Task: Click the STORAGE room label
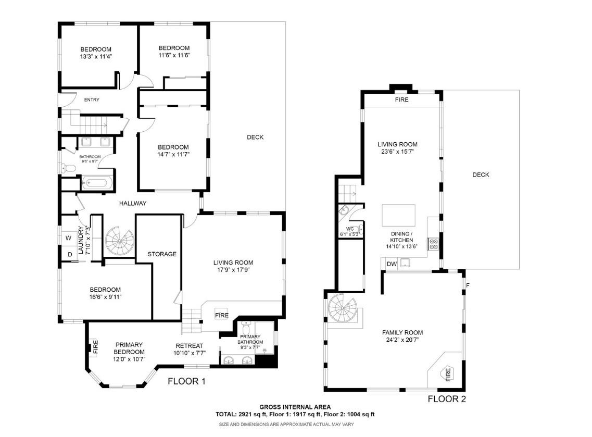162,254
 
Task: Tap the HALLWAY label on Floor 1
132,203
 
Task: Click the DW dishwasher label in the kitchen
392,265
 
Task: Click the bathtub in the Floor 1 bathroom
97,183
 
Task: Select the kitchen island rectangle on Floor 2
399,214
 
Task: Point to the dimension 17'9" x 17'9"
233,270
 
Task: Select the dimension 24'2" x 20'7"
402,340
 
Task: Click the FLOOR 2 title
446,399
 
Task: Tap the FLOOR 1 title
186,382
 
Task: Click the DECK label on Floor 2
481,175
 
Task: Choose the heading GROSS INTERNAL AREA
295,407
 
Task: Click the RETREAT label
189,346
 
